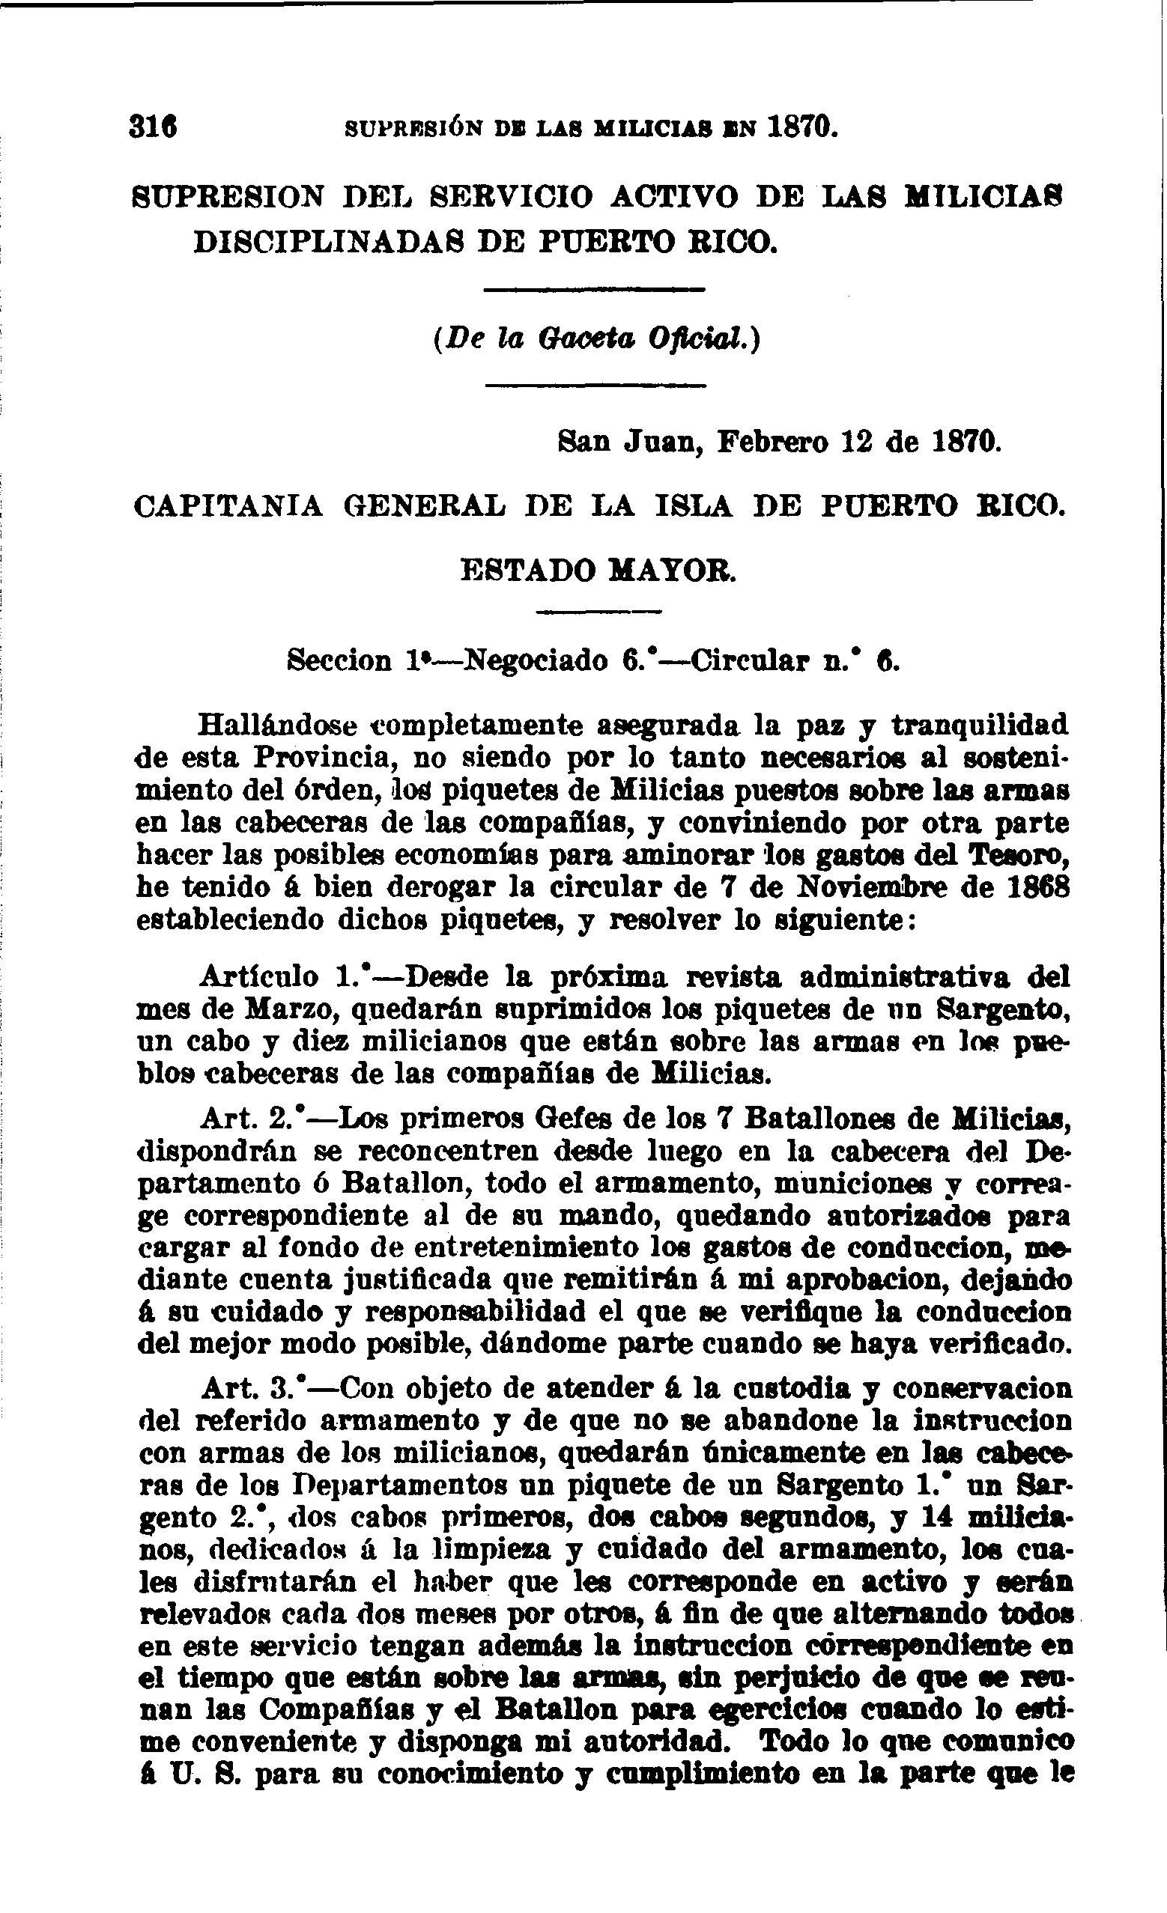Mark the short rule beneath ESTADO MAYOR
(598, 612)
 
